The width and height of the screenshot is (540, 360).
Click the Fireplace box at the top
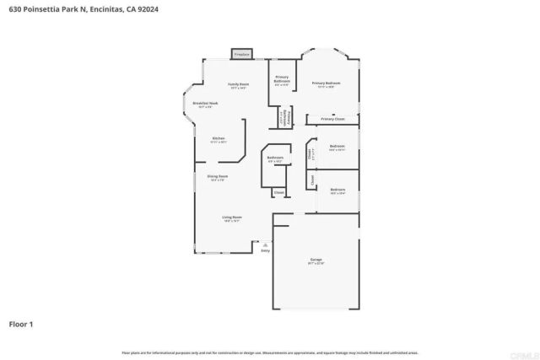coord(241,53)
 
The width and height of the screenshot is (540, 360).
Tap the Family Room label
coord(239,85)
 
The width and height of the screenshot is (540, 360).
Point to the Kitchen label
coord(219,139)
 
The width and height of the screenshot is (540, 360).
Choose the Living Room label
coord(232,219)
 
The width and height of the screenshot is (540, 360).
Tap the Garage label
coord(316,262)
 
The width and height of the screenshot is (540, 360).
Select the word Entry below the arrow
coord(266,250)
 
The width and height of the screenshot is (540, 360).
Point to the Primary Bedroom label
coord(326,83)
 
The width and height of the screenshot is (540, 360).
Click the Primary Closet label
coord(338,119)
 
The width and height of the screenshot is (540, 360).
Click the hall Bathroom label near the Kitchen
coord(275,159)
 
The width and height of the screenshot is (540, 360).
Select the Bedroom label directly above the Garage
coord(337,191)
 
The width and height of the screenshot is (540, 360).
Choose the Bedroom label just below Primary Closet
coord(337,148)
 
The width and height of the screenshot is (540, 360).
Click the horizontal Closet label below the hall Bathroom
coord(278,192)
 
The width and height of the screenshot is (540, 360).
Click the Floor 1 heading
coord(21,324)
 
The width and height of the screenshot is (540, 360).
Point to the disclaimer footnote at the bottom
coord(269,352)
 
